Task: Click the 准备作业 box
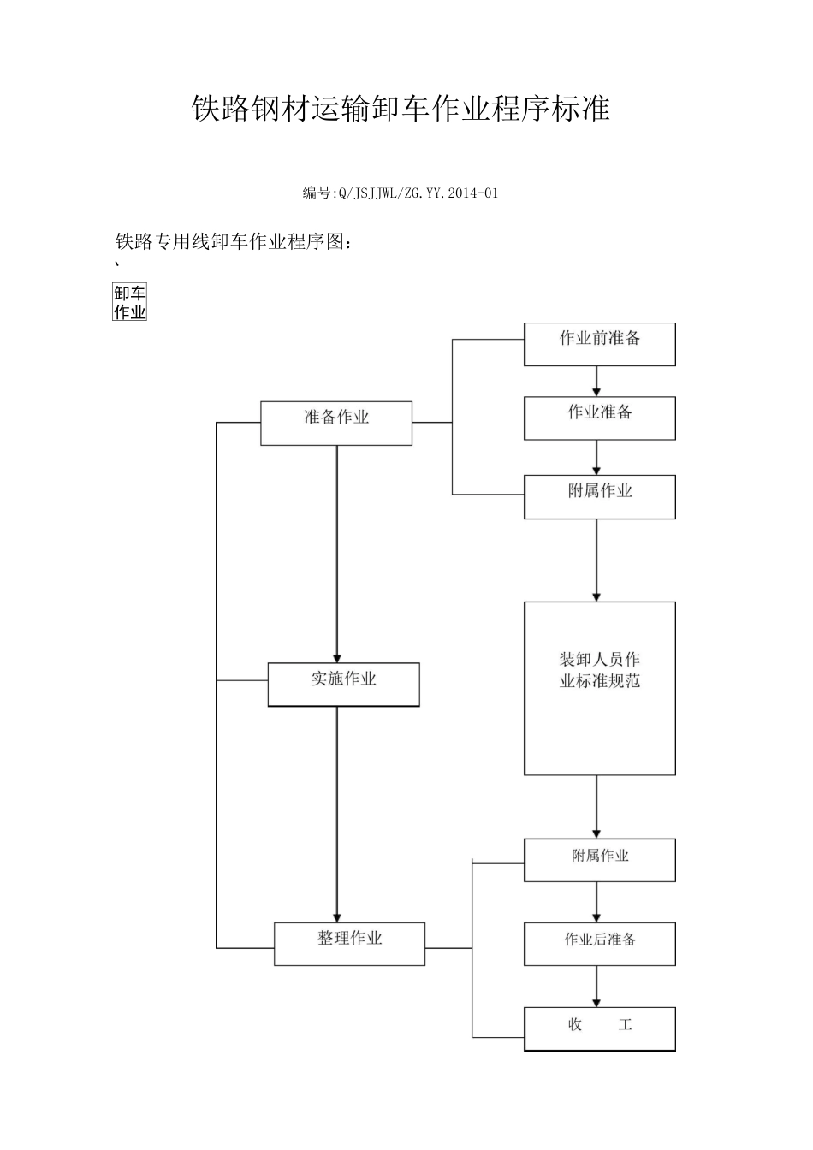point(336,423)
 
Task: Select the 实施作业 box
point(343,685)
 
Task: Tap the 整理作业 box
point(349,944)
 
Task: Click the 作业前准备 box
point(599,344)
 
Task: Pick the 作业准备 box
point(599,418)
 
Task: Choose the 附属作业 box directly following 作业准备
point(599,497)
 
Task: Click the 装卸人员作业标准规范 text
point(599,671)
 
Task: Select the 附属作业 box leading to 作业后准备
point(599,860)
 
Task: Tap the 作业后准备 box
point(599,944)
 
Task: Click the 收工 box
point(599,1028)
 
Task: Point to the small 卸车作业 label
point(130,303)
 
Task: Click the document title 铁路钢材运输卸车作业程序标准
point(401,110)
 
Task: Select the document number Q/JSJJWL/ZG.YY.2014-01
point(401,193)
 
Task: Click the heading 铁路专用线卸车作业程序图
point(234,242)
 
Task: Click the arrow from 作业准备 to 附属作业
point(596,458)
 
